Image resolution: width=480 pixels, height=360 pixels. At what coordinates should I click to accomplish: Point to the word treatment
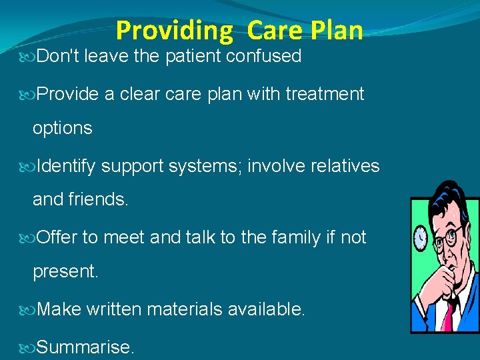pos(325,94)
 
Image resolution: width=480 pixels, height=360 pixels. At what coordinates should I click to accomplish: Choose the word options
pos(63,128)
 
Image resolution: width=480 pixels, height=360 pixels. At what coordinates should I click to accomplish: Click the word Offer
pos(57,237)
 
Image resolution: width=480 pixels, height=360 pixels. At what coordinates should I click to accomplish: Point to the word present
pos(65,271)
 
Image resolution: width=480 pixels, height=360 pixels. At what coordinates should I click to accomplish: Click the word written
pos(113,309)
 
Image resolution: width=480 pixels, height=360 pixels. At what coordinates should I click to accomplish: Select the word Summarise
pos(85,347)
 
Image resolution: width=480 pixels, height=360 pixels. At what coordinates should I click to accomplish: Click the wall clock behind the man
pos(421,237)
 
